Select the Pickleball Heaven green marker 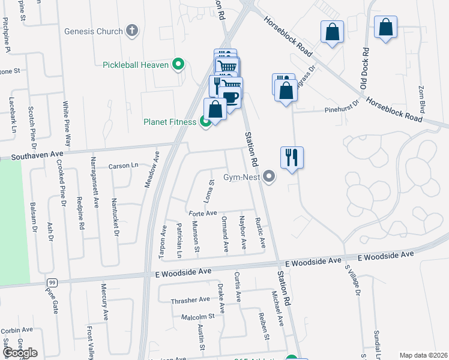tap(178, 64)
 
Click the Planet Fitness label tap(169, 122)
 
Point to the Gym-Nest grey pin tap(269, 176)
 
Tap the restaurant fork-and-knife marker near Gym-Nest tap(292, 158)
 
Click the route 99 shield tap(53, 282)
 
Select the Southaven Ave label tap(37, 157)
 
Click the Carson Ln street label tap(123, 166)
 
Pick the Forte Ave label tap(202, 214)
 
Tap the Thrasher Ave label tap(190, 299)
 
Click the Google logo tap(20, 352)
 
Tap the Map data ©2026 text tap(423, 355)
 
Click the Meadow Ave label tap(151, 170)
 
